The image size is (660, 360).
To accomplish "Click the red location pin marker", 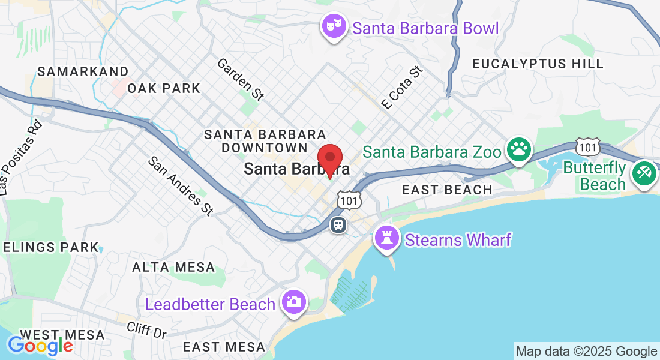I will point(329,160).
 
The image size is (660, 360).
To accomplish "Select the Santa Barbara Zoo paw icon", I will point(519,150).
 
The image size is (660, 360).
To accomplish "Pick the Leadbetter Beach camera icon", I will point(293,301).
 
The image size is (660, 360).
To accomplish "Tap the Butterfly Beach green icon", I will point(645,175).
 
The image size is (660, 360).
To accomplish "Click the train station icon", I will point(338,225).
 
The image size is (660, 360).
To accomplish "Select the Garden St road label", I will point(240,79).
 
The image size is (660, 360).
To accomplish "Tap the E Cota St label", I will point(402,88).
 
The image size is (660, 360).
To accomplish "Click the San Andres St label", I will point(181,185).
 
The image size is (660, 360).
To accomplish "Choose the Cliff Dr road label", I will point(146,329).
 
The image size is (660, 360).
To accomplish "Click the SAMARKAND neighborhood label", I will point(83,71).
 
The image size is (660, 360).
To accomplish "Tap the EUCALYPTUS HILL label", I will point(538,64).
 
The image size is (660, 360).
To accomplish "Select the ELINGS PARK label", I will point(50,247).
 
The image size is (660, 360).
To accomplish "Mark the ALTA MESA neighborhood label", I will point(173,267).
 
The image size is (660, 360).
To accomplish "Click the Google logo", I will point(40,345).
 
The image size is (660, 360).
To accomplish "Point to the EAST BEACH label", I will point(447,190).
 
